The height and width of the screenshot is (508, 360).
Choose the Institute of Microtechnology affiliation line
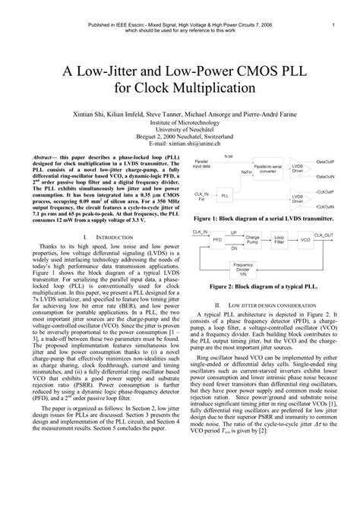coord(180,121)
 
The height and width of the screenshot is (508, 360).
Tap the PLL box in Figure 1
coord(226,195)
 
